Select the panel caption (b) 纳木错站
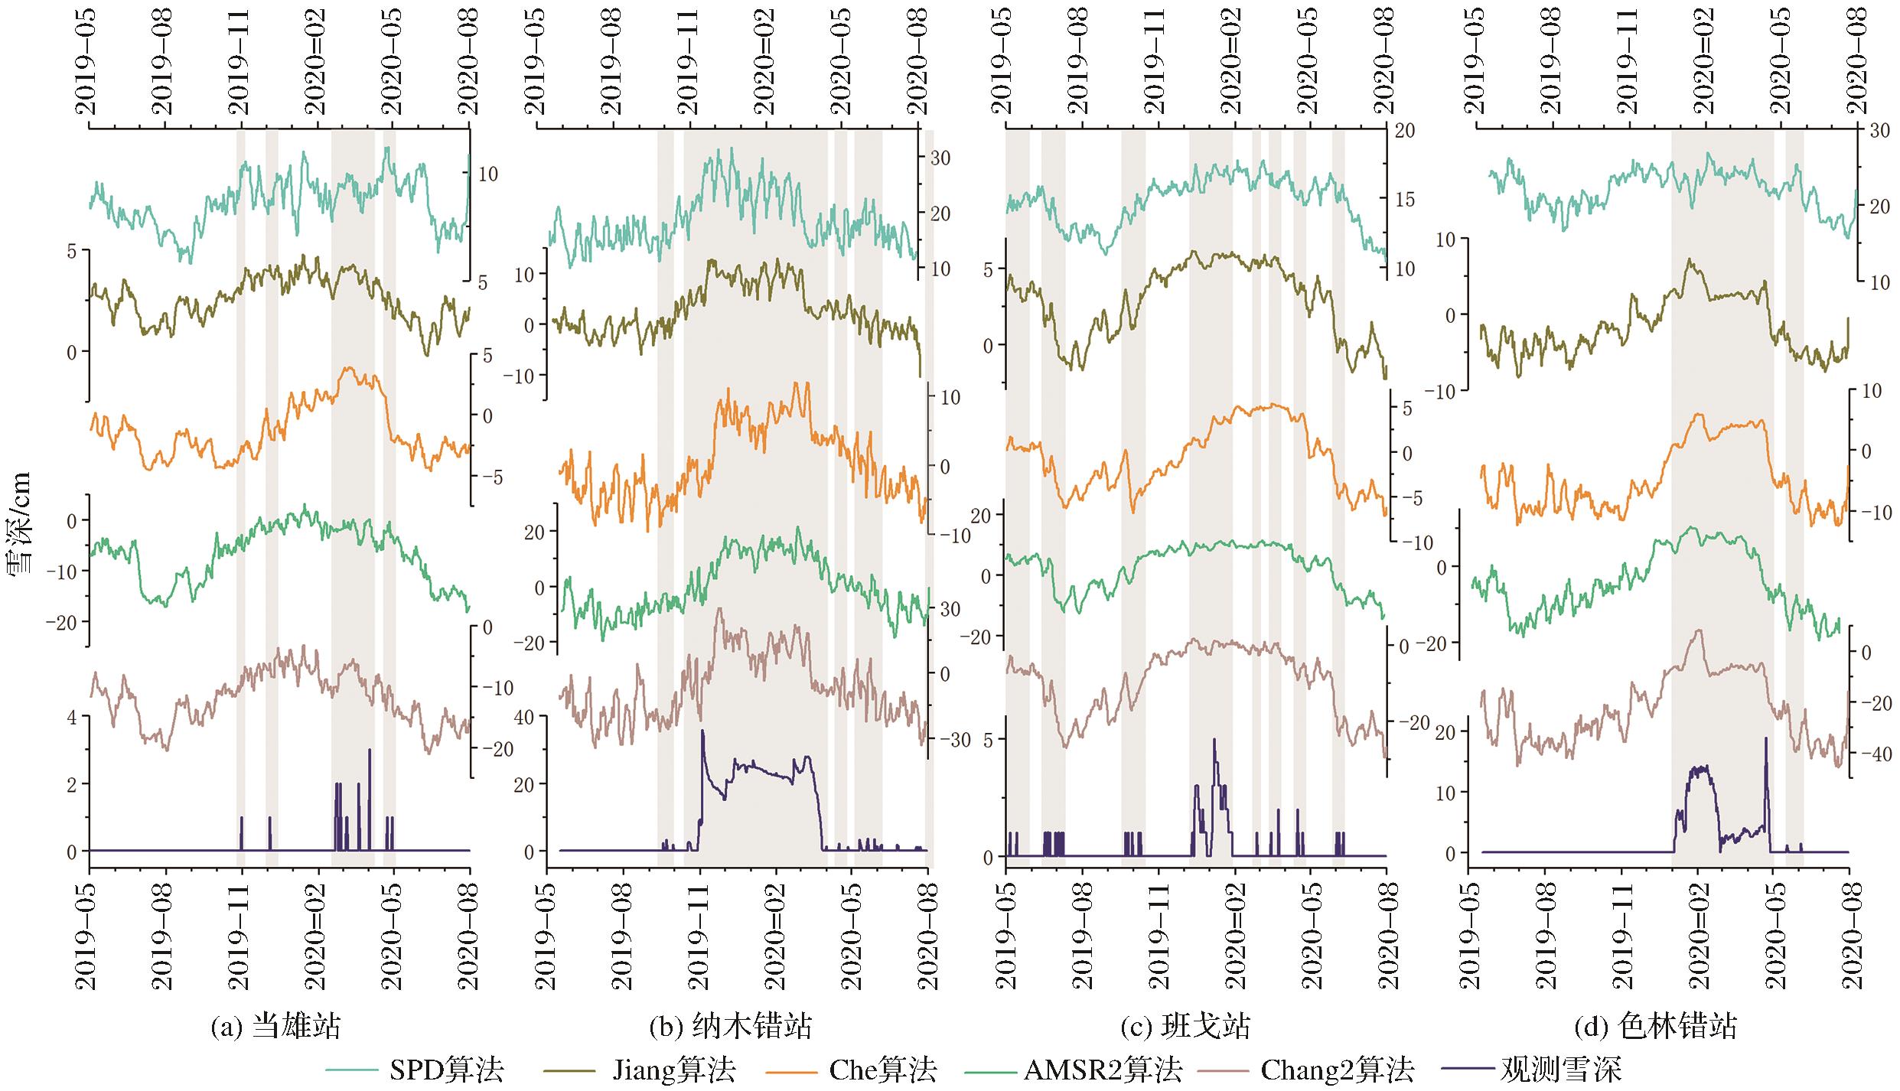pyautogui.click(x=731, y=1026)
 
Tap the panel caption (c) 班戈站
pyautogui.click(x=1185, y=1026)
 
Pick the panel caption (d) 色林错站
pyautogui.click(x=1656, y=1026)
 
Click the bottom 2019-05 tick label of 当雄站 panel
pyautogui.click(x=89, y=935)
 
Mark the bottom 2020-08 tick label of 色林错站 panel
pyautogui.click(x=1849, y=935)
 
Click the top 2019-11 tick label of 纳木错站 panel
pyautogui.click(x=690, y=61)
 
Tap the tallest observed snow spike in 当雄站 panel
pyautogui.click(x=370, y=750)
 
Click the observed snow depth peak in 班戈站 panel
pyautogui.click(x=1214, y=739)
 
